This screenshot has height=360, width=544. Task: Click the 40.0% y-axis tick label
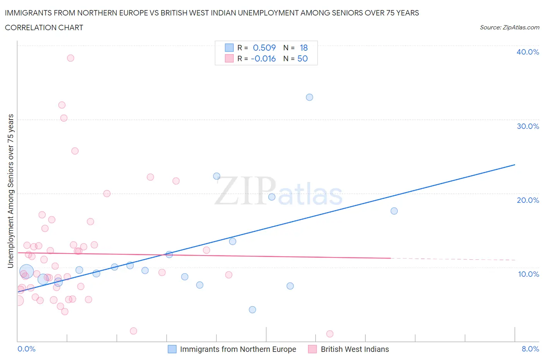click(527, 52)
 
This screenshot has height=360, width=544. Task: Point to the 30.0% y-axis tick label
click(527, 126)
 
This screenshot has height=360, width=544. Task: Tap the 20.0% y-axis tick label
click(527, 200)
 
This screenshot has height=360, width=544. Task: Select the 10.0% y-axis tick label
click(528, 274)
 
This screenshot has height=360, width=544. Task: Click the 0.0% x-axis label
click(26, 349)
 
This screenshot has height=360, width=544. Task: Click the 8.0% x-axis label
click(530, 349)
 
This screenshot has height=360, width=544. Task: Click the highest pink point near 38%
click(70, 58)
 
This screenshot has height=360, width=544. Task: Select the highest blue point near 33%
click(310, 97)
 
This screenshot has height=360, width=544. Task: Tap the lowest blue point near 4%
click(252, 310)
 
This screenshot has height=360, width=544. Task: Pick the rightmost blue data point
click(394, 211)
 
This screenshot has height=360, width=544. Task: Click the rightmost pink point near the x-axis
click(330, 334)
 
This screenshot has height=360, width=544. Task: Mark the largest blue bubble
click(26, 271)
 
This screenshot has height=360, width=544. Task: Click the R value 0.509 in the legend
click(264, 48)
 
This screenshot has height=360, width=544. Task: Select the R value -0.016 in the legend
click(263, 58)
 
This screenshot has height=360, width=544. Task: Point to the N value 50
click(303, 58)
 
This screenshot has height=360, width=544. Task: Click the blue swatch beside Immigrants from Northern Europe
click(172, 349)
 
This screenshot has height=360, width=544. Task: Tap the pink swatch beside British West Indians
click(312, 349)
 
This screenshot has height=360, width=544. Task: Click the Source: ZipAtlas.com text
click(509, 27)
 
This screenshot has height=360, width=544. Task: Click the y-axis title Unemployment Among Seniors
click(11, 191)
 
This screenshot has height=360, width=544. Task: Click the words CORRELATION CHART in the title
click(44, 27)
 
